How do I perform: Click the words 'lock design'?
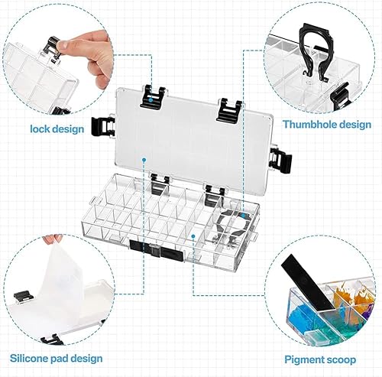57,129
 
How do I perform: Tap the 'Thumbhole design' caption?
327,125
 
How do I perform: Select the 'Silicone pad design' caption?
57,359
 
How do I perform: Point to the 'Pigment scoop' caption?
320,359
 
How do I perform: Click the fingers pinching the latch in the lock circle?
86,55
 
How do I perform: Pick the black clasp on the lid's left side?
102,127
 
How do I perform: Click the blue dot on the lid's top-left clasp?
151,99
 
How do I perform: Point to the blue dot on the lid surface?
144,160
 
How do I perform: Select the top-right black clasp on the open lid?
228,110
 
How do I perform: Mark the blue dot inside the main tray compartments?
193,236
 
